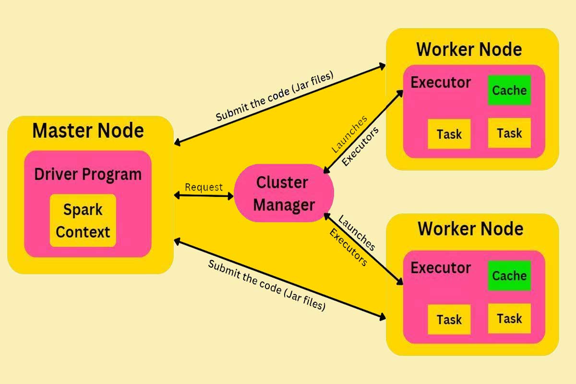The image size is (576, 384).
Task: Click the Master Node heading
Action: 88,131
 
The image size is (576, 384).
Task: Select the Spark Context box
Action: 83,221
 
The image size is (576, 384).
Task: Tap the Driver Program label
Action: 88,174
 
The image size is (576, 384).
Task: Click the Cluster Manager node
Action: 284,193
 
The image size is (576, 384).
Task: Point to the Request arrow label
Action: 204,187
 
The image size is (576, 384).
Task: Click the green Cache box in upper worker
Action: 509,90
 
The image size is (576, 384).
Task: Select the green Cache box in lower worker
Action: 509,276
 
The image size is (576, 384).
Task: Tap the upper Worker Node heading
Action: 469,49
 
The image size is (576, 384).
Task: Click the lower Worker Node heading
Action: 470,228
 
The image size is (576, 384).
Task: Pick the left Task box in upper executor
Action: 449,134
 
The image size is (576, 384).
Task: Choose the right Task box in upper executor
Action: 509,132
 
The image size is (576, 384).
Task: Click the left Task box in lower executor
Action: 449,320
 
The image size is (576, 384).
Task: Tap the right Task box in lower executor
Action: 509,318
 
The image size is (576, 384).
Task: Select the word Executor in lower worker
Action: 441,267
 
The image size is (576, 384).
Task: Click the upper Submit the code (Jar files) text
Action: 274,96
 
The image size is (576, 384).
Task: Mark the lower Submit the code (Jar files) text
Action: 267,285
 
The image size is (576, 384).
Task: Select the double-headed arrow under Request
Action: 204,196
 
